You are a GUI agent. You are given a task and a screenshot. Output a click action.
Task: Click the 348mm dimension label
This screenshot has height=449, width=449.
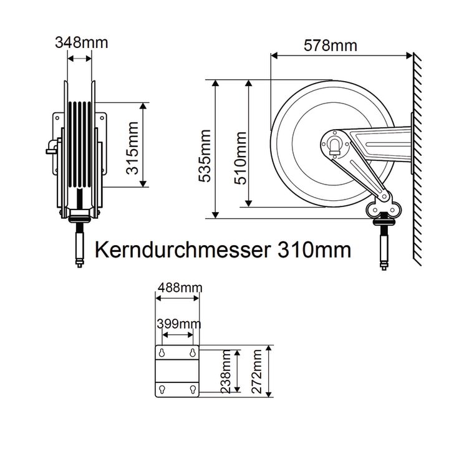(x=82, y=42)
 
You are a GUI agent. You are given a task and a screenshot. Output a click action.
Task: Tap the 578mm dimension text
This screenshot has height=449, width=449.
(x=331, y=46)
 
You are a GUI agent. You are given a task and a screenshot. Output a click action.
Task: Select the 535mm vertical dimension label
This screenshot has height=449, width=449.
(x=205, y=156)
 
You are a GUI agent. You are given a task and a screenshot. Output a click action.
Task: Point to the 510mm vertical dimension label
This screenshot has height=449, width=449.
(x=240, y=158)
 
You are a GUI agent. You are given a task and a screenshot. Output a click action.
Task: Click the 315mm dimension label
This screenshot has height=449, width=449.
(x=132, y=148)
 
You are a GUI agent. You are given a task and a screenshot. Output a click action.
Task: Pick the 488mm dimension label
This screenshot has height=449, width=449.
(x=180, y=287)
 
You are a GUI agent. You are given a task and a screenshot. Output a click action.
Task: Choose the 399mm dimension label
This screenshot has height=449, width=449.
(x=179, y=324)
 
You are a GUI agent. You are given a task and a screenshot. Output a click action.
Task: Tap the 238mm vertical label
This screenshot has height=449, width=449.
(x=226, y=372)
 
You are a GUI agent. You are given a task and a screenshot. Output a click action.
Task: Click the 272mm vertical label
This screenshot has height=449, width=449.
(x=257, y=372)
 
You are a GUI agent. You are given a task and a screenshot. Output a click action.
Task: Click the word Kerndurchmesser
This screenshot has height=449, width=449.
(x=183, y=249)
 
